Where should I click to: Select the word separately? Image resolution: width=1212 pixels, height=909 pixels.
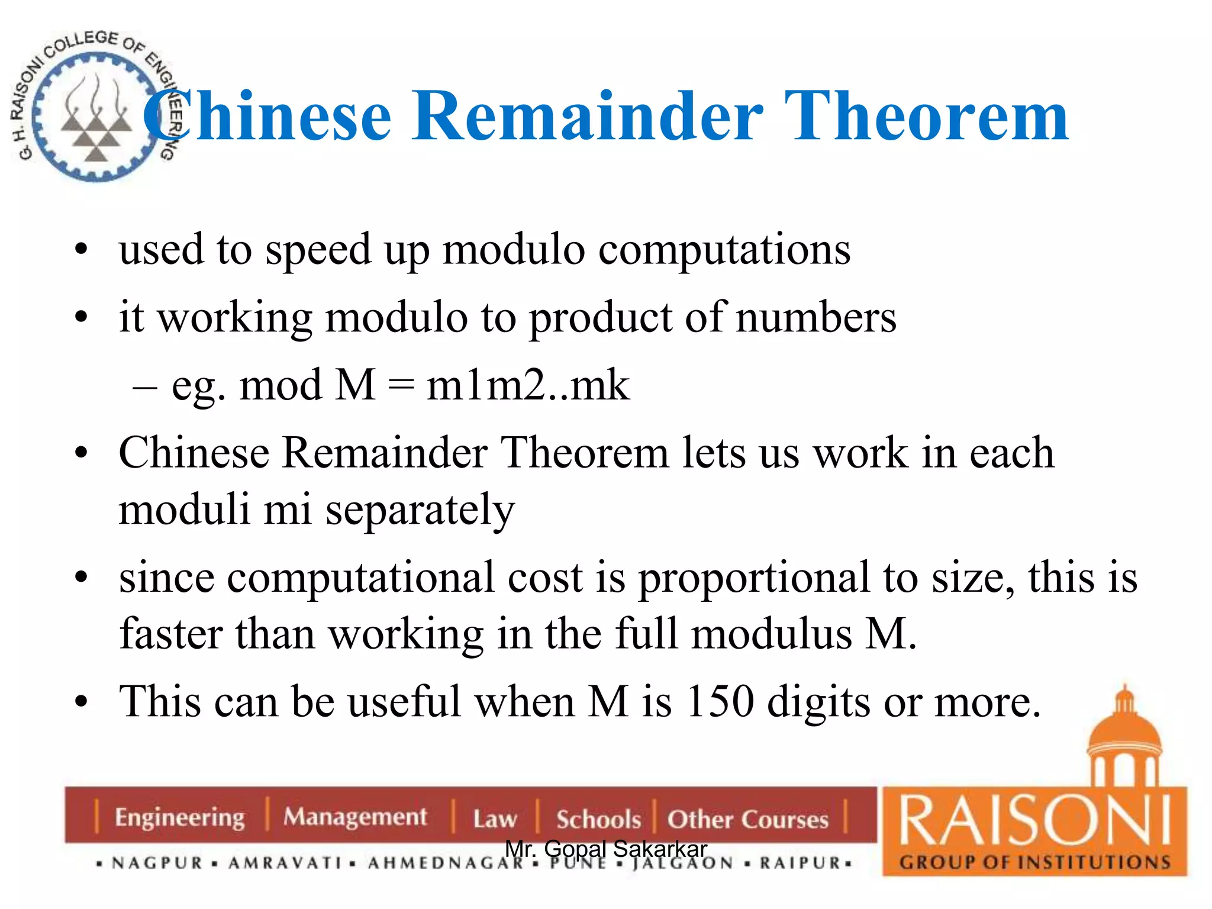point(420,511)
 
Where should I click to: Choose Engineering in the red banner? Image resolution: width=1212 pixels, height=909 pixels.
point(179,818)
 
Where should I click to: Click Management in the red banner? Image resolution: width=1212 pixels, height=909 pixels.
point(354,817)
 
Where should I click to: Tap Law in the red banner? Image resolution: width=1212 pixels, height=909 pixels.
point(495,819)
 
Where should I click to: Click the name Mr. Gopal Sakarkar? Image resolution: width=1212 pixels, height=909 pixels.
point(606,849)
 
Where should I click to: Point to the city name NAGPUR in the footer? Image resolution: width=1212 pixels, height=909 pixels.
point(157,863)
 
